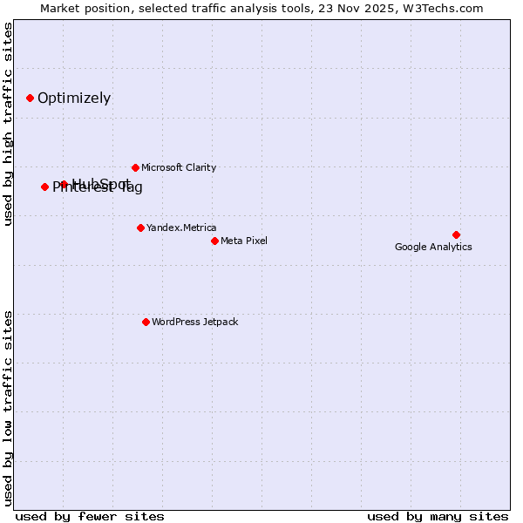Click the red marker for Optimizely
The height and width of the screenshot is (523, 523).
click(x=30, y=98)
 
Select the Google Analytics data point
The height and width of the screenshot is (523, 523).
click(x=456, y=234)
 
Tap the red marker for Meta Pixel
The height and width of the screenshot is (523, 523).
click(x=214, y=241)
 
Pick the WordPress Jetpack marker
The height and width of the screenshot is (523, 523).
click(x=146, y=322)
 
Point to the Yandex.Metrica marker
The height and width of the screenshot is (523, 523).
click(x=140, y=228)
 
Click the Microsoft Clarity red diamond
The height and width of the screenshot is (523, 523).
click(x=135, y=167)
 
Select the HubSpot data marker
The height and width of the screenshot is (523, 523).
click(x=64, y=184)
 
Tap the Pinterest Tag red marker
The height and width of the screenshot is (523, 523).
click(x=44, y=187)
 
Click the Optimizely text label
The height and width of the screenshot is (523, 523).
click(x=74, y=98)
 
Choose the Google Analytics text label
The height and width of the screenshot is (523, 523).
click(x=433, y=247)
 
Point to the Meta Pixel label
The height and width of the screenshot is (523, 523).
click(x=244, y=241)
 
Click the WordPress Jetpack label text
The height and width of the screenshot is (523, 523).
click(x=194, y=322)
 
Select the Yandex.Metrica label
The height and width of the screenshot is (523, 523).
click(x=181, y=228)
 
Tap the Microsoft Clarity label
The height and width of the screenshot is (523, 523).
click(x=179, y=167)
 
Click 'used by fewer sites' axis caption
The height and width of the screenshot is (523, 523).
click(x=90, y=516)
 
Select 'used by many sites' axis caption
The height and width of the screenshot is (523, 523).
click(x=438, y=516)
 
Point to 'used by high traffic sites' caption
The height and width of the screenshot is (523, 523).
click(x=9, y=124)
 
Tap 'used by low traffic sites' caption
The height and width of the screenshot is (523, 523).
click(x=9, y=407)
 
